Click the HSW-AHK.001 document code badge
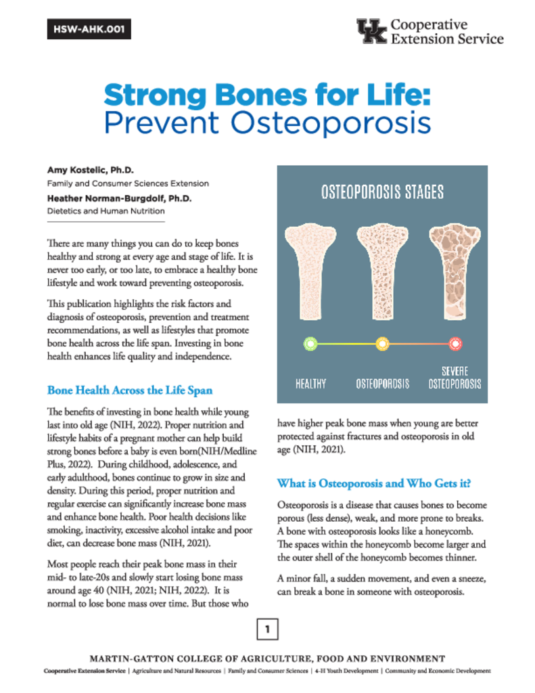point(89,30)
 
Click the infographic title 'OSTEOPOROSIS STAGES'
point(382,192)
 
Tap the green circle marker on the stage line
point(310,344)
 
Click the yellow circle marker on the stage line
point(382,344)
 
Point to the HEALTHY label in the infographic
point(310,384)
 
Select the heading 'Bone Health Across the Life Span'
point(130,390)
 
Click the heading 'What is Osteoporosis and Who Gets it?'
point(375,484)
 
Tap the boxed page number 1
point(267,630)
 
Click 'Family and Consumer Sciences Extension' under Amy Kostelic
point(128,183)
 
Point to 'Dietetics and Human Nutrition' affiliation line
point(105,210)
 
